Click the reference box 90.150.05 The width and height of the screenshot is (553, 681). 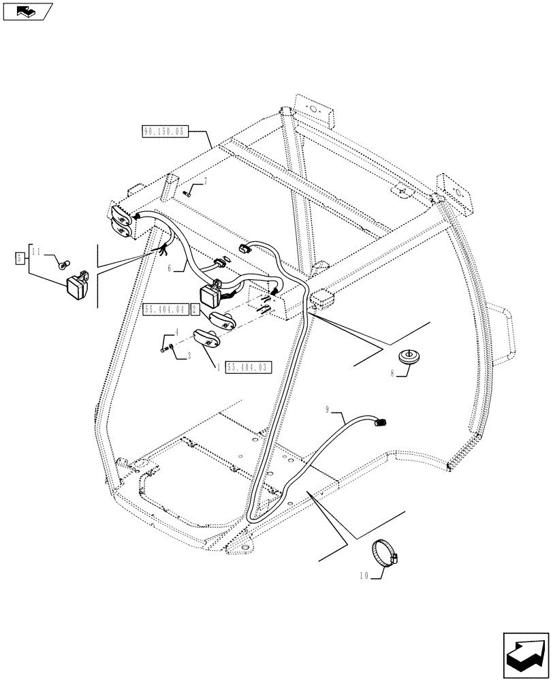point(164,132)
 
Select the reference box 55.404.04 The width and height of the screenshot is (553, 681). point(166,311)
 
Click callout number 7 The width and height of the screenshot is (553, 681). point(205,180)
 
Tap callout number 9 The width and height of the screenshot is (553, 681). point(328,410)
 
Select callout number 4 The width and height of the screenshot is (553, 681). point(177,332)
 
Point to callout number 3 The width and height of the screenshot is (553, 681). point(189,355)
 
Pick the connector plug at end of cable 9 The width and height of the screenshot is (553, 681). point(381,424)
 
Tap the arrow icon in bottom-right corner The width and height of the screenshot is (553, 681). point(524,653)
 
